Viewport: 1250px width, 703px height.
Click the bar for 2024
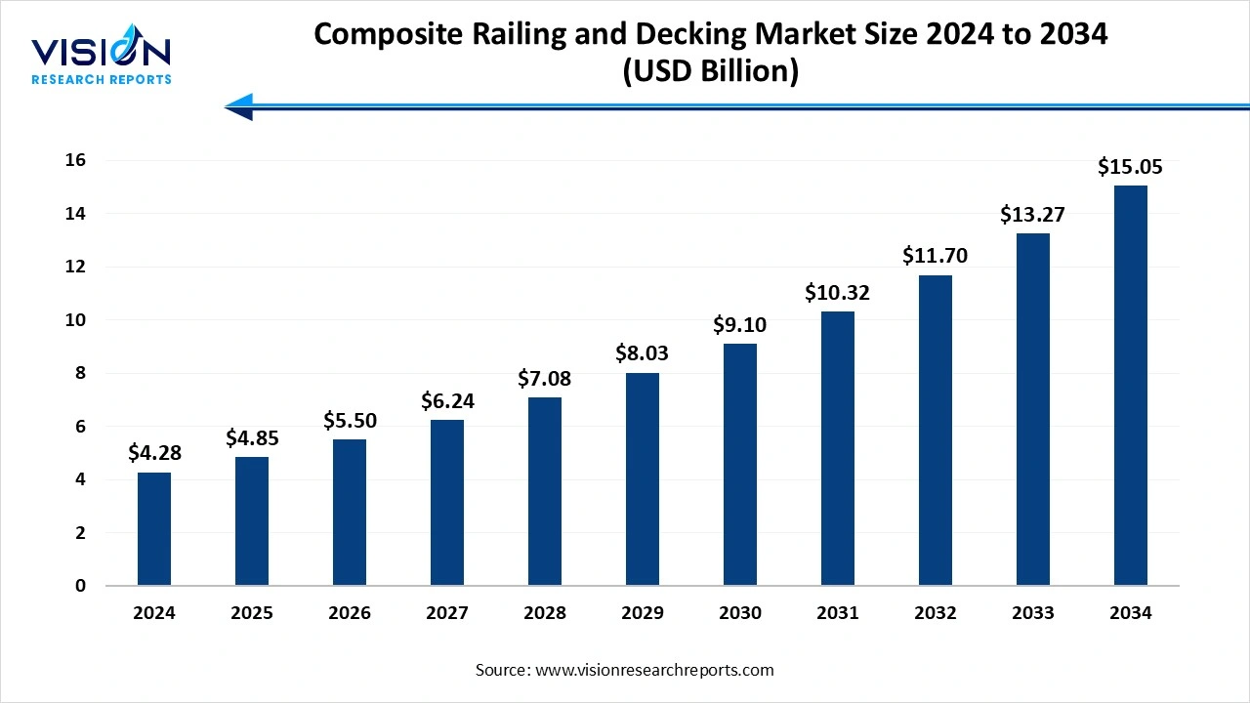tap(154, 529)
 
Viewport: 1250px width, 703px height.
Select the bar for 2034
tap(1131, 386)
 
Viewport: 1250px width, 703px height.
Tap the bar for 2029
tap(643, 479)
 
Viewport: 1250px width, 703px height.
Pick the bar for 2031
tap(838, 448)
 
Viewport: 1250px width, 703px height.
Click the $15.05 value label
tap(1130, 167)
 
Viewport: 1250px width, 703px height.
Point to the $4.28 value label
tap(154, 453)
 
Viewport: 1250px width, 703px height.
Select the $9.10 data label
tap(740, 325)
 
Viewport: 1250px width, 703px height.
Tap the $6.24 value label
tap(447, 400)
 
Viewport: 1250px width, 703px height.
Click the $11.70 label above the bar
tap(936, 257)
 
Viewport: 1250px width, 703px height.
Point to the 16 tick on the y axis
tap(75, 160)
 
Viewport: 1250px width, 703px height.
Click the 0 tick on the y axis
tap(80, 586)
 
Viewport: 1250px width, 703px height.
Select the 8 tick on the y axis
tap(80, 373)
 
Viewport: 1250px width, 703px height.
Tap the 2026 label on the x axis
tap(350, 613)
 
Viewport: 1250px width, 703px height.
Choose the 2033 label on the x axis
tap(1033, 613)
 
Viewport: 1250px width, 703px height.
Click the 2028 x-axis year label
tap(545, 613)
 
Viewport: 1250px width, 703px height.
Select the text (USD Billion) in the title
tap(711, 72)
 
